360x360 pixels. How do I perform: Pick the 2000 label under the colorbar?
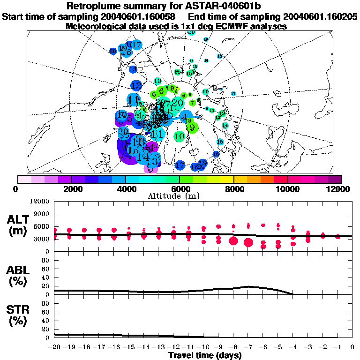coord(71,189)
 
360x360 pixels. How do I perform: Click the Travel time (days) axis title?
coord(204,356)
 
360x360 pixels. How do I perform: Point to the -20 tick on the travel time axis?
coord(55,347)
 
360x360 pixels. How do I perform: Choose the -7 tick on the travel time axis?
coord(248,347)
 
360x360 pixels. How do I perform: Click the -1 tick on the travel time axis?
coord(337,347)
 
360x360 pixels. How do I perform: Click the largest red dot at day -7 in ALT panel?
coord(248,242)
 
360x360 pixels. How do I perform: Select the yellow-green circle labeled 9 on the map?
coord(192,127)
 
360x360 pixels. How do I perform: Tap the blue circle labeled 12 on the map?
coord(136,86)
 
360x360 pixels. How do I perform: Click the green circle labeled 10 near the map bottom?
coord(179,136)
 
